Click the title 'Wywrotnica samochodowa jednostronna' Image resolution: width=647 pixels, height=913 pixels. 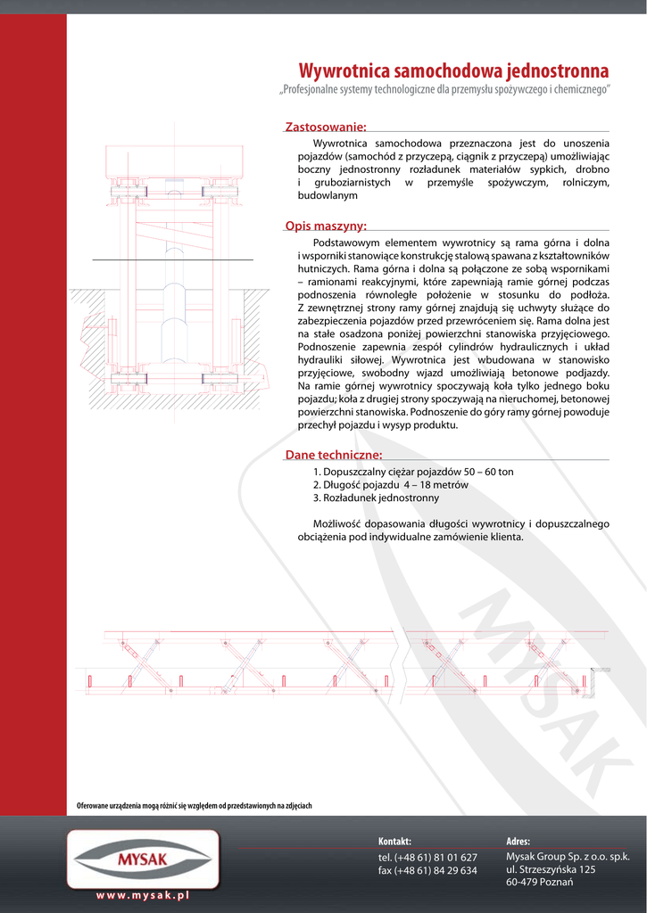453,70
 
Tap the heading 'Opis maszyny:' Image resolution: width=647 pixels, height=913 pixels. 325,226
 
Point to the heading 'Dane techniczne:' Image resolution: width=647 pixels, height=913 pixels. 333,456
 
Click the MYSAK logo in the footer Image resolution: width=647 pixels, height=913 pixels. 143,860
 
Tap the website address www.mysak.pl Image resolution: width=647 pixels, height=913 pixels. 143,894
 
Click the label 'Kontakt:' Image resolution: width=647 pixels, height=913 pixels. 394,841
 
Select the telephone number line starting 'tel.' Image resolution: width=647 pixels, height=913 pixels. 427,857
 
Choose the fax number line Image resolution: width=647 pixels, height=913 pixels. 427,870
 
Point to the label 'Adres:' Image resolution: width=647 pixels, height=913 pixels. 518,841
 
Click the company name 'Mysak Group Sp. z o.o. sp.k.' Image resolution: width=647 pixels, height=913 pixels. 568,856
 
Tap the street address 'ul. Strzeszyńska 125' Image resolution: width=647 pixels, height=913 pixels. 551,868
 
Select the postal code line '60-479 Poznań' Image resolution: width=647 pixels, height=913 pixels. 539,882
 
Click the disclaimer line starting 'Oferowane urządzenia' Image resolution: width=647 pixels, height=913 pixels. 194,806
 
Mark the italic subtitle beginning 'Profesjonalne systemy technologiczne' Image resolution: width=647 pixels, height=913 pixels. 444,90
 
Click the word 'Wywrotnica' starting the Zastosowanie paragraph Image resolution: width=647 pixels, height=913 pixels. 340,143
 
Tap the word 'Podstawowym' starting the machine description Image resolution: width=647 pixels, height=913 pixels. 348,243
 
